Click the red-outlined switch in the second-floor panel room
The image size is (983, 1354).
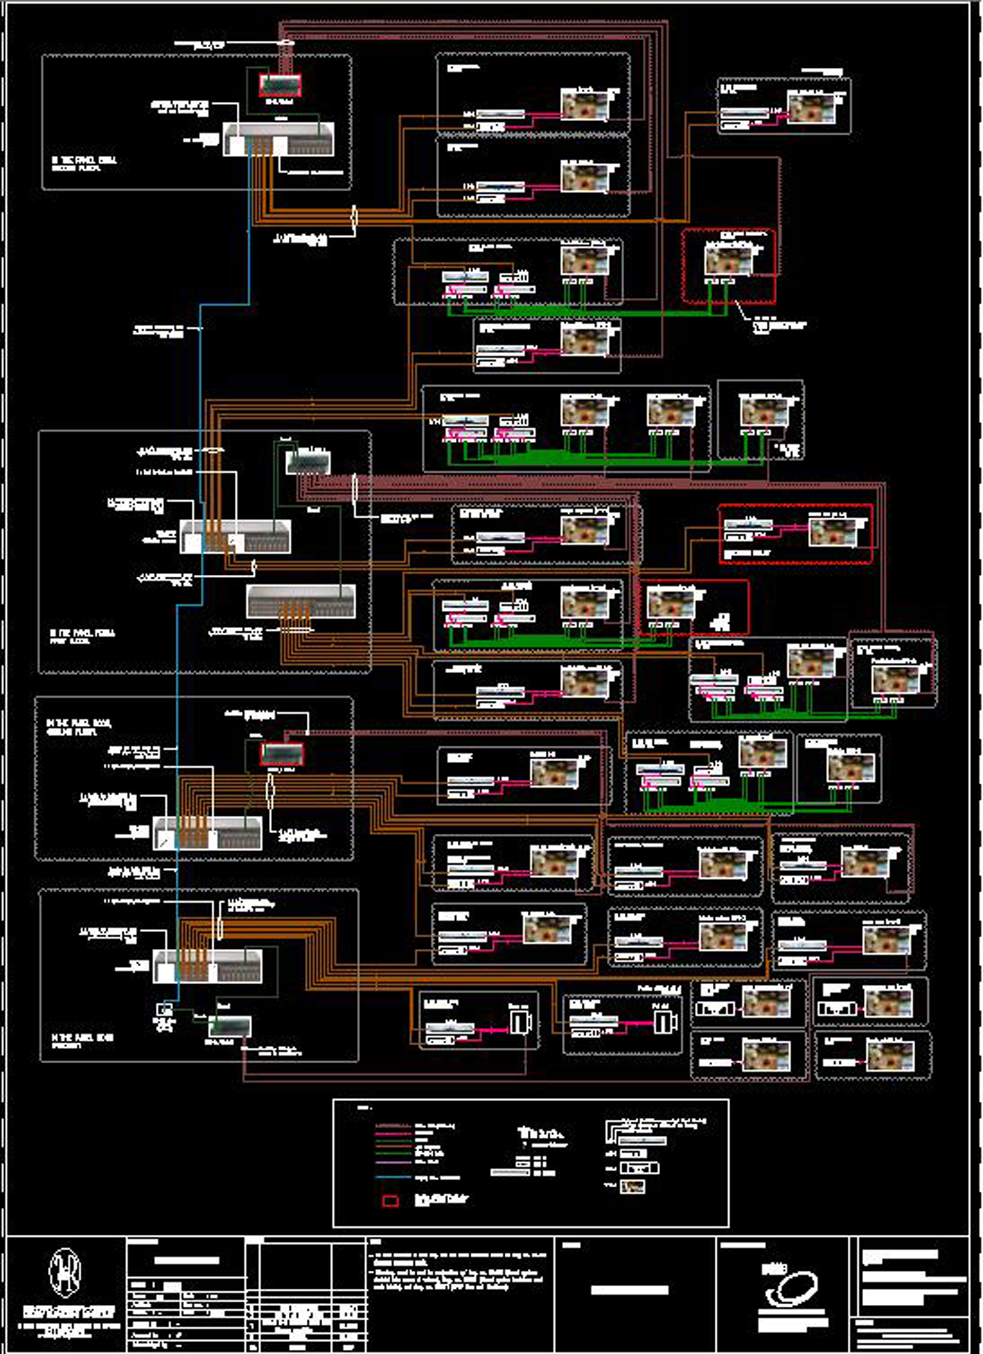pos(280,85)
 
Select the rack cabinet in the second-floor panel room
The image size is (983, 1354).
pos(278,139)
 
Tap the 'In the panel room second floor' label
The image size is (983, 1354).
pos(84,164)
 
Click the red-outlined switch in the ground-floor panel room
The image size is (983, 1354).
pos(282,754)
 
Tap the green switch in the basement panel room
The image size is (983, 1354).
pos(230,1026)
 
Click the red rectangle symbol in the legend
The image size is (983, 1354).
pos(390,1201)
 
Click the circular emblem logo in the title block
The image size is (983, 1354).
pos(65,1272)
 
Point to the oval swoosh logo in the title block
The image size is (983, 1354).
pos(792,1287)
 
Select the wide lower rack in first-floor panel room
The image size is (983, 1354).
pos(301,601)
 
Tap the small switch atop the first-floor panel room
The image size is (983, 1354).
pos(307,462)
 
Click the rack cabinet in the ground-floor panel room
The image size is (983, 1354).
pos(207,833)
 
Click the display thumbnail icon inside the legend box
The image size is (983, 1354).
pos(632,1187)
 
